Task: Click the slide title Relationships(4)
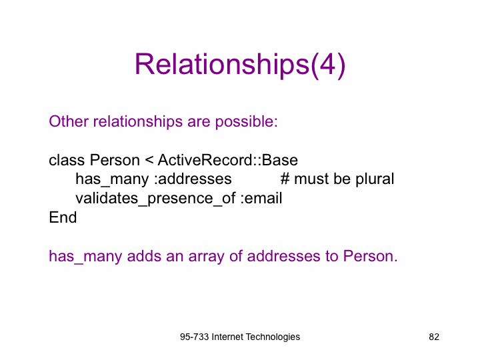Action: point(240,65)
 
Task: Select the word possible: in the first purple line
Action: point(247,122)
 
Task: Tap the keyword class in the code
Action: point(67,160)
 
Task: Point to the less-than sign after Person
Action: point(149,160)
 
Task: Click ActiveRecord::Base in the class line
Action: point(228,160)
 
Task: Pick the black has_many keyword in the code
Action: point(112,180)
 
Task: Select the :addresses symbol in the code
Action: point(193,179)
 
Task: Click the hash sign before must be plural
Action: point(285,179)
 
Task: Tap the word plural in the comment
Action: point(375,180)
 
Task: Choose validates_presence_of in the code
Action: point(155,199)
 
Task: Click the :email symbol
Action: point(261,199)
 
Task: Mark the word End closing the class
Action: point(63,217)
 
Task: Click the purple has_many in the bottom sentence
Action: point(85,257)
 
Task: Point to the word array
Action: point(206,257)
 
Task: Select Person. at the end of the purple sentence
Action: point(370,256)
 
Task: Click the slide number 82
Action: point(434,337)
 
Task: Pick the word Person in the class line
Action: point(115,160)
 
